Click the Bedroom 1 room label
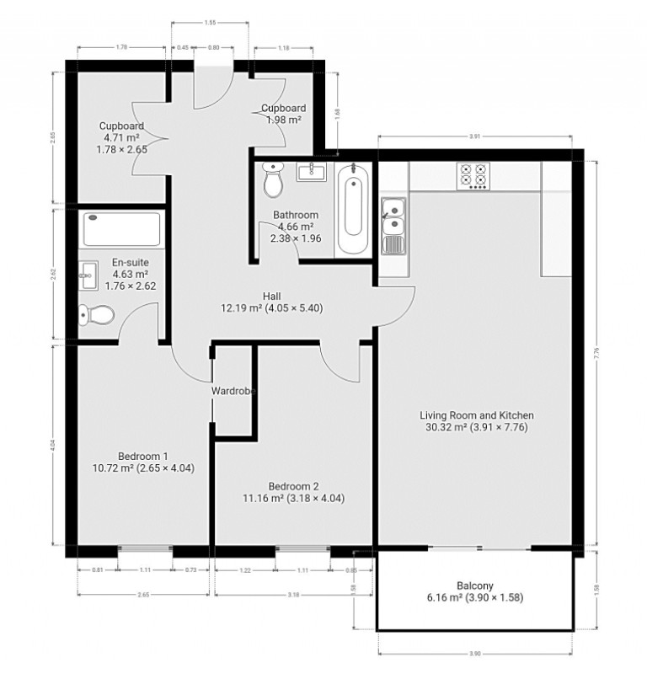[143, 462]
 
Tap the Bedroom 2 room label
[293, 492]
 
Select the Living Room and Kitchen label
[477, 421]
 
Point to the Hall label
[271, 302]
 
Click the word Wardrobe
[233, 391]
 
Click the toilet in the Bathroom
[274, 179]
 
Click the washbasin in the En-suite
[88, 272]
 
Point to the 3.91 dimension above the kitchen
[475, 136]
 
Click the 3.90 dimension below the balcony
[475, 654]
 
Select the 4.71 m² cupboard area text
[121, 137]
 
